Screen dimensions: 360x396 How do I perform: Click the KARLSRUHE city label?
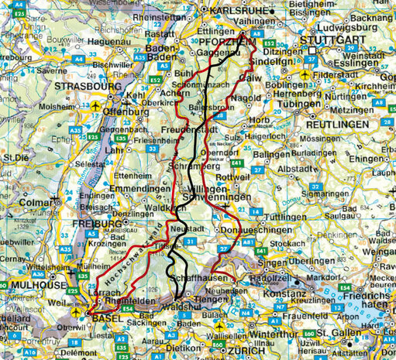232,11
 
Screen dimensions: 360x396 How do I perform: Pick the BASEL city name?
108,318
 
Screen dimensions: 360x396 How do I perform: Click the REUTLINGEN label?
336,124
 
